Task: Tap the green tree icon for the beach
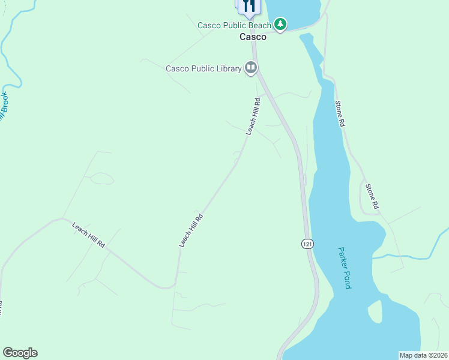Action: point(280,24)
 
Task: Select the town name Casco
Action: point(253,37)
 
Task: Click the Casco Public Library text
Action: point(203,68)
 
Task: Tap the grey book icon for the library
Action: point(251,68)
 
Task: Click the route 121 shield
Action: point(307,244)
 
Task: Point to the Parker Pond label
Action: point(343,268)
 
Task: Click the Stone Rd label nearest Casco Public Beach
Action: point(340,113)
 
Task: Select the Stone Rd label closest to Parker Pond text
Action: point(373,196)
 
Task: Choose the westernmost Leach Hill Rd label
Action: point(88,236)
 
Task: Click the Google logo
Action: point(20,353)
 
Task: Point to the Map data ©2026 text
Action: point(423,355)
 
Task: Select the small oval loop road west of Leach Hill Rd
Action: point(102,178)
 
